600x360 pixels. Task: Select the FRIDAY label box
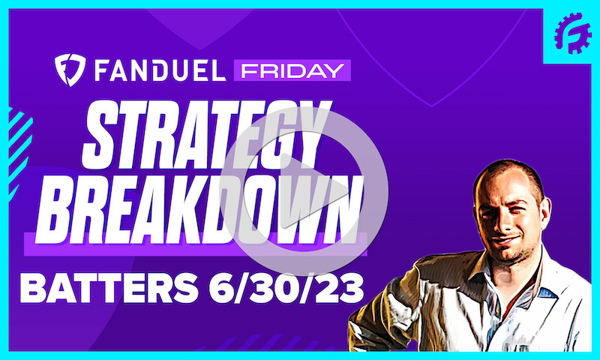[291, 72]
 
